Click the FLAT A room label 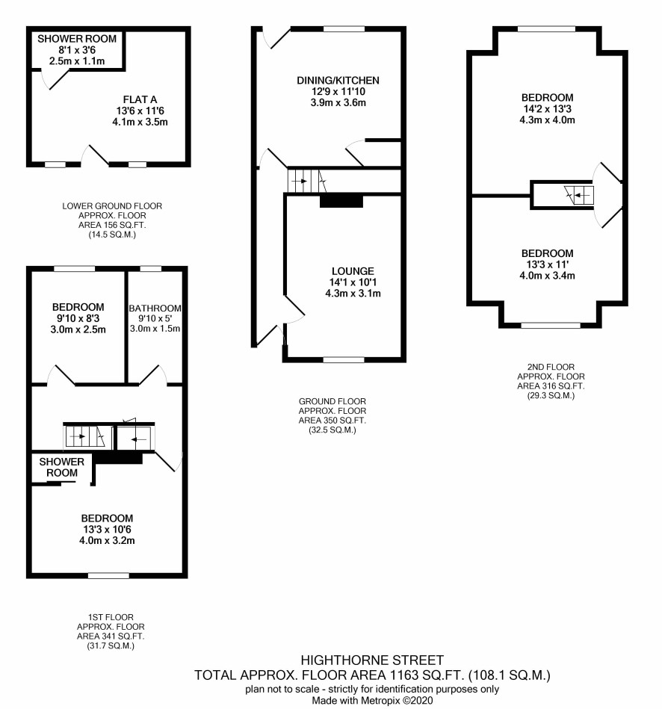click(x=140, y=99)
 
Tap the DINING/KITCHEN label click(x=338, y=81)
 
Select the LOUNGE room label click(x=353, y=271)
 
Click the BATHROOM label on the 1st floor click(x=155, y=309)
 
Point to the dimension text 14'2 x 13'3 click(x=547, y=109)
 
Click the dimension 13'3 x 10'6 click(x=107, y=530)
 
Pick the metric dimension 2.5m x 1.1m click(x=77, y=61)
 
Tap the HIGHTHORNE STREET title click(x=372, y=660)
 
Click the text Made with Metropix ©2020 click(x=372, y=701)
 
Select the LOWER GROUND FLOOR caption click(x=112, y=206)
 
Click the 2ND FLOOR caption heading click(x=551, y=367)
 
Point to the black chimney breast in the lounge click(x=341, y=201)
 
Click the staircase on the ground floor click(x=306, y=182)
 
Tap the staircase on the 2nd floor click(x=579, y=195)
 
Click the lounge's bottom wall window click(x=344, y=360)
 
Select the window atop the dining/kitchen click(x=344, y=29)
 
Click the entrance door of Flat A click(x=95, y=155)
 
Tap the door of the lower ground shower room click(x=53, y=80)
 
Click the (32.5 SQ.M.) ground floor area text click(x=332, y=430)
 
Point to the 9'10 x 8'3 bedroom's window click(x=75, y=269)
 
